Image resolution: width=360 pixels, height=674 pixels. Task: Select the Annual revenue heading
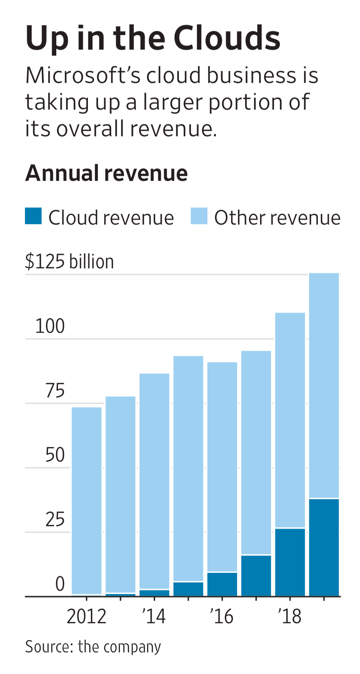point(106,173)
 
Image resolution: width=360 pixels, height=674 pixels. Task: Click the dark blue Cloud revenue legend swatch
point(33,216)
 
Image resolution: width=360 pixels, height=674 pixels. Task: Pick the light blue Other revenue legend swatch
point(199,216)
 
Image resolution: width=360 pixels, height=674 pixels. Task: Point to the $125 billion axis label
point(69,262)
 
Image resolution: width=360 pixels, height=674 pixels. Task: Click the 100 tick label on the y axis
point(50,326)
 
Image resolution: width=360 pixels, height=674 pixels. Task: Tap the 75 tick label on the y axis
point(55,391)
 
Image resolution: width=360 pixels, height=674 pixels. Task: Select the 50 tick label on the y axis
point(55,455)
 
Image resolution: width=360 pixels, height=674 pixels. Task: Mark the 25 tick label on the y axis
point(55,519)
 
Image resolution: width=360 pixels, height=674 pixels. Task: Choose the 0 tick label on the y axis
point(60,584)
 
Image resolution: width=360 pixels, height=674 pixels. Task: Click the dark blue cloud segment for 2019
point(324,547)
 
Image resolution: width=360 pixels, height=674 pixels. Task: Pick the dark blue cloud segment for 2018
point(290,562)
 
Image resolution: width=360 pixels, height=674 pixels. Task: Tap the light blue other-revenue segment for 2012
point(87,500)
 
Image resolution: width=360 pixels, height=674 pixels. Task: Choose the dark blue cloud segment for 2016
point(222,584)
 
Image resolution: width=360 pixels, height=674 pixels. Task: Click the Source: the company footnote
point(93,647)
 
